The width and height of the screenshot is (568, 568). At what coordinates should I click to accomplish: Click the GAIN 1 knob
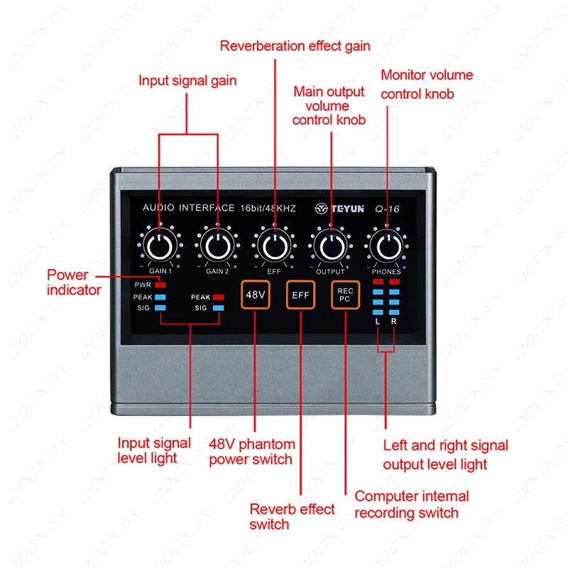(x=159, y=246)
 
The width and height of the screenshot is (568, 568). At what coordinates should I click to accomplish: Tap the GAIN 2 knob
(x=217, y=246)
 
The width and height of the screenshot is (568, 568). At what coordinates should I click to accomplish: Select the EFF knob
(x=274, y=246)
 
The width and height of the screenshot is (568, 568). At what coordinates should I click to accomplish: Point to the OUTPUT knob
(x=332, y=246)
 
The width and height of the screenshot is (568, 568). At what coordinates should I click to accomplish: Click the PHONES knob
(x=388, y=246)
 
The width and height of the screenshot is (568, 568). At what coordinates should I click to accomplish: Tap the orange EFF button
(x=300, y=295)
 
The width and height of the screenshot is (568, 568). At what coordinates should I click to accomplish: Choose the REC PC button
(x=345, y=295)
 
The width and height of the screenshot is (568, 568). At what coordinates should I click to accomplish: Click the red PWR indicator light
(x=160, y=285)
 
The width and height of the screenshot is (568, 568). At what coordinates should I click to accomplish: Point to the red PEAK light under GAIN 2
(x=218, y=297)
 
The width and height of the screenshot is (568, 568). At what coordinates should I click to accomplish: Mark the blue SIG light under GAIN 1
(x=160, y=308)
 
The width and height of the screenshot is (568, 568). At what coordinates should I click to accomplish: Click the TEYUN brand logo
(x=339, y=209)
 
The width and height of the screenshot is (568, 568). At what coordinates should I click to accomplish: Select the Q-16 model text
(x=387, y=209)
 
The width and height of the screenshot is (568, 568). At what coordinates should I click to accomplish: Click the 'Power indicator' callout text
(x=74, y=282)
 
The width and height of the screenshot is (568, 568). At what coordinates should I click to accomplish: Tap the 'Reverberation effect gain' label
(x=295, y=46)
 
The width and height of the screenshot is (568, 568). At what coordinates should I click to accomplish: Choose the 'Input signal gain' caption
(x=187, y=81)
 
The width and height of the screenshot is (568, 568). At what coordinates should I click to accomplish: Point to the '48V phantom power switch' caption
(x=252, y=452)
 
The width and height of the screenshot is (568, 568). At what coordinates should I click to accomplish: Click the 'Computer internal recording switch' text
(x=412, y=505)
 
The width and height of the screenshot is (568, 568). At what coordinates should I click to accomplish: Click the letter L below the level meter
(x=378, y=322)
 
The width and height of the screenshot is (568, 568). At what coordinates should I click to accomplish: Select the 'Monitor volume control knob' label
(x=427, y=84)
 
